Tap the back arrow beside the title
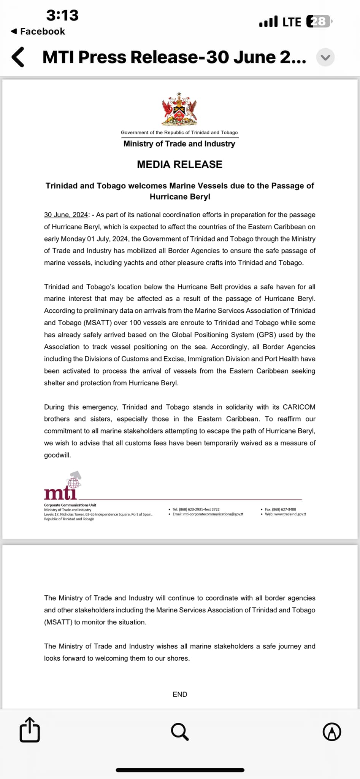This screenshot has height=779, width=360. click(x=18, y=57)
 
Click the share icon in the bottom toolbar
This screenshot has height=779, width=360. click(x=30, y=730)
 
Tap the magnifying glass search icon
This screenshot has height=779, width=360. click(x=180, y=731)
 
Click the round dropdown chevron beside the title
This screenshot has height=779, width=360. click(x=325, y=57)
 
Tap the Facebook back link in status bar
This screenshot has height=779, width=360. click(x=38, y=32)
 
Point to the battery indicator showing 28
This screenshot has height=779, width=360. click(x=319, y=22)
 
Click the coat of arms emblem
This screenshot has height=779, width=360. click(x=179, y=109)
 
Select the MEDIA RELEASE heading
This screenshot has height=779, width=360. click(x=179, y=164)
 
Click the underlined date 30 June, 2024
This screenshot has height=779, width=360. click(x=66, y=215)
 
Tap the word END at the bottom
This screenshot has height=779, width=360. click(x=180, y=694)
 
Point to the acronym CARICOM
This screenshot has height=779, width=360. click(x=299, y=407)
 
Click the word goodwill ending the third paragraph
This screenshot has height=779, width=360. click(x=57, y=455)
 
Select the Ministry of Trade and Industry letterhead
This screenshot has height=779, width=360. click(x=179, y=144)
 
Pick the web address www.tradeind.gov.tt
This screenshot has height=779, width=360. click(x=290, y=514)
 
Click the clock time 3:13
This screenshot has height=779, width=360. click(x=62, y=15)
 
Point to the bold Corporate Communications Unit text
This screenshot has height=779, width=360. click(x=70, y=505)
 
